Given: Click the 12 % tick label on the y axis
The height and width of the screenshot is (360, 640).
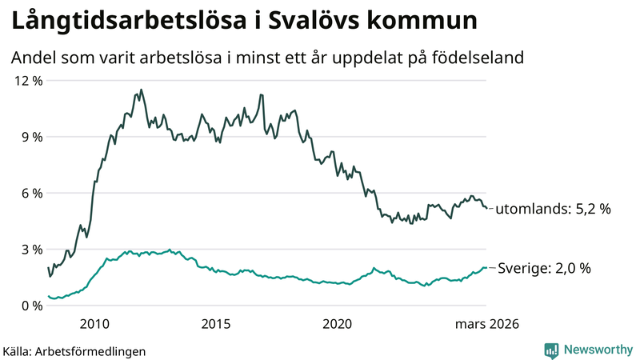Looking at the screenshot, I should [x=26, y=81].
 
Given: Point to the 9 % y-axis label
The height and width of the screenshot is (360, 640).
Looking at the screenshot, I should [x=29, y=137].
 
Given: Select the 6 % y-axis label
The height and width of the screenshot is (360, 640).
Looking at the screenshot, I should [x=29, y=193].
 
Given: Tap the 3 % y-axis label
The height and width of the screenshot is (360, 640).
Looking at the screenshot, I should [x=29, y=250].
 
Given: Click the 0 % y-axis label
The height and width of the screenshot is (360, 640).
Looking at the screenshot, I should [x=29, y=306].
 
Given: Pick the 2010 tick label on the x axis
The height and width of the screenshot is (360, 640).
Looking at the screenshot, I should [x=94, y=324].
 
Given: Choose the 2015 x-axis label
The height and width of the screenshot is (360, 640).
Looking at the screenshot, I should [x=215, y=324].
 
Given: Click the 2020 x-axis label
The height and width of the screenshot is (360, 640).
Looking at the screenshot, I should [x=337, y=324].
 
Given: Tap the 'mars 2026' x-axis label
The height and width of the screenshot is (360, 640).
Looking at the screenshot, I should [x=487, y=324].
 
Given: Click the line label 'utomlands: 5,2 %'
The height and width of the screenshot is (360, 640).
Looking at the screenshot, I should [x=553, y=209].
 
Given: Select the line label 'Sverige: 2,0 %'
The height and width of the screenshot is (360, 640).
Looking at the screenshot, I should [x=544, y=268].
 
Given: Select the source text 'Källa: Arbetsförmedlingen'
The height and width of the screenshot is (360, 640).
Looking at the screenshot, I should [x=74, y=350].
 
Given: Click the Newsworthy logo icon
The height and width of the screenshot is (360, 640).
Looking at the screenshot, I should [x=551, y=350].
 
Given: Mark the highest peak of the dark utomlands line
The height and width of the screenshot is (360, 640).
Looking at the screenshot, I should [x=142, y=90].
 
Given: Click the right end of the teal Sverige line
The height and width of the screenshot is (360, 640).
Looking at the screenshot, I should [x=486, y=268].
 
